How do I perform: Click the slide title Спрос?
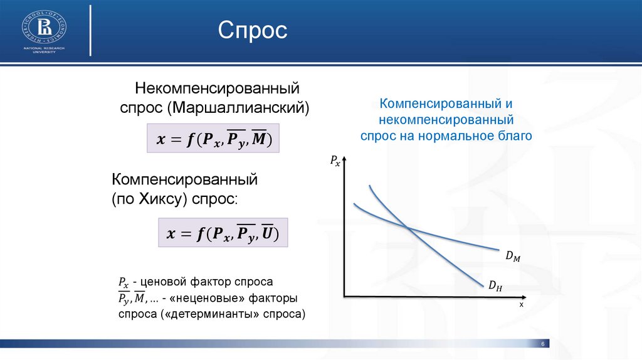tap(253, 30)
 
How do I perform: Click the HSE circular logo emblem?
tap(45, 28)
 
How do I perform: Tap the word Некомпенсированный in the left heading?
tap(218, 88)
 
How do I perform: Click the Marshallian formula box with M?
tap(213, 138)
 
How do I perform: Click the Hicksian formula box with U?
tap(223, 233)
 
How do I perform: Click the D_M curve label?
tap(513, 256)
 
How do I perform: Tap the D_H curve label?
tap(495, 285)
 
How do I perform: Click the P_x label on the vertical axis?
tap(335, 161)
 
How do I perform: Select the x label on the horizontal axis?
tap(521, 304)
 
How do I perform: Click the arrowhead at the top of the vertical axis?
tap(344, 158)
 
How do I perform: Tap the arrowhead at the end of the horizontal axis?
tap(524, 297)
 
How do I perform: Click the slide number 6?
tap(543, 344)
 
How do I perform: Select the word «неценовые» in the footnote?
tap(207, 298)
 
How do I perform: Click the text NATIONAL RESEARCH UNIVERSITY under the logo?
tap(45, 50)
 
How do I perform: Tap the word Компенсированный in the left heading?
tap(185, 179)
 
